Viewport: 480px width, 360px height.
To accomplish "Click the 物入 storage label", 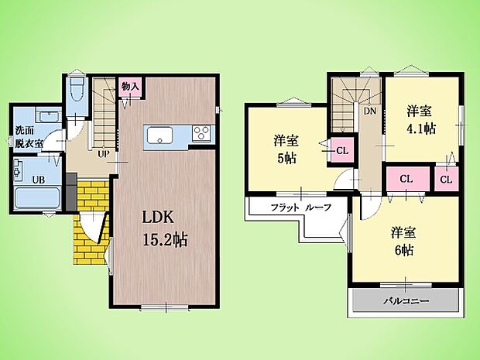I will (x=130, y=86).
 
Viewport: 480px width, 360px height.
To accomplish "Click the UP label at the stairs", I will (x=101, y=153).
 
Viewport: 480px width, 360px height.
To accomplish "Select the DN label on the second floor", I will (x=369, y=110).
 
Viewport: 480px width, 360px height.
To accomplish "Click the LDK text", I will (x=156, y=217).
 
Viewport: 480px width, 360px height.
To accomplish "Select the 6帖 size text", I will (x=400, y=250).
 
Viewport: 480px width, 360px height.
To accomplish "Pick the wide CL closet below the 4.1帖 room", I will (x=405, y=179).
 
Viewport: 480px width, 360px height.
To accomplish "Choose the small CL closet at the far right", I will (x=446, y=179).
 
